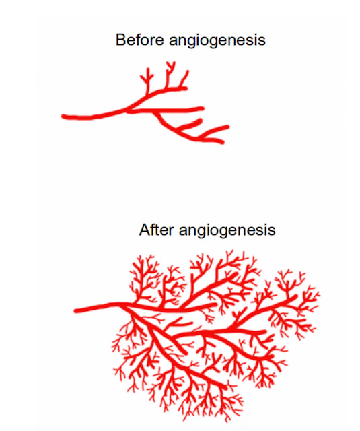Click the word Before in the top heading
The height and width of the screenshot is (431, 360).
click(139, 40)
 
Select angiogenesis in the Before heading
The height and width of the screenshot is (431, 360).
click(217, 41)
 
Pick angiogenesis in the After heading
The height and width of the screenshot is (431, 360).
click(227, 231)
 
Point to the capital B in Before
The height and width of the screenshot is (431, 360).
click(120, 40)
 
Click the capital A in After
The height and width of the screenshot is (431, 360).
click(145, 230)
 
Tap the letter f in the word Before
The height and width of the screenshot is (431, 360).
click(140, 40)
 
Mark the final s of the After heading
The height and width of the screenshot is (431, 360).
click(272, 231)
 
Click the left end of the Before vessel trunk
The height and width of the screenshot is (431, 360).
click(63, 117)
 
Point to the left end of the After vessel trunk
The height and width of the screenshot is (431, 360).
click(75, 311)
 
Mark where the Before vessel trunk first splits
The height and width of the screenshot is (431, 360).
click(129, 110)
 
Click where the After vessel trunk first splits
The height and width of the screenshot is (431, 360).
click(120, 304)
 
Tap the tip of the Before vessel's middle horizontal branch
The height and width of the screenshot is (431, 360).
click(203, 108)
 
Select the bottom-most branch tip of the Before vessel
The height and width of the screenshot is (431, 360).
click(223, 142)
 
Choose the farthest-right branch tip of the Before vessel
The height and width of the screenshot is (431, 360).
click(227, 127)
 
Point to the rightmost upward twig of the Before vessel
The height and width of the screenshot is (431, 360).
click(184, 79)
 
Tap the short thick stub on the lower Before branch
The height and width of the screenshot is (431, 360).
click(191, 124)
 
